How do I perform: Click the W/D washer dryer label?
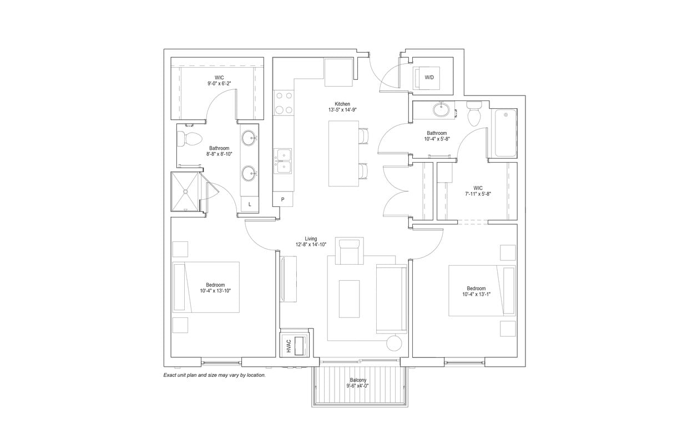click(429, 78)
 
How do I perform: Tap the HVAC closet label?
click(289, 345)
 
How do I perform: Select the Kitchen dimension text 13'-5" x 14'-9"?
click(342, 110)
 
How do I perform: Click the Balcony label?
click(358, 380)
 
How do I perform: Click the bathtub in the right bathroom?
click(505, 133)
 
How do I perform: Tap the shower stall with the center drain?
click(185, 191)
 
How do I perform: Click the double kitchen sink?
click(284, 160)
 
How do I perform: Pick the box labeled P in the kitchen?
click(283, 199)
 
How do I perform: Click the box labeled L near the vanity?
click(250, 204)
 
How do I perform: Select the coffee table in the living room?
click(349, 299)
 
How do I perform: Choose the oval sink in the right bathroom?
click(442, 110)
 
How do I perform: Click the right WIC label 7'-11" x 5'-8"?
click(478, 191)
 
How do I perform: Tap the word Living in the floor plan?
click(311, 239)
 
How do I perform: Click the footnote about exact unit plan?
click(214, 375)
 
